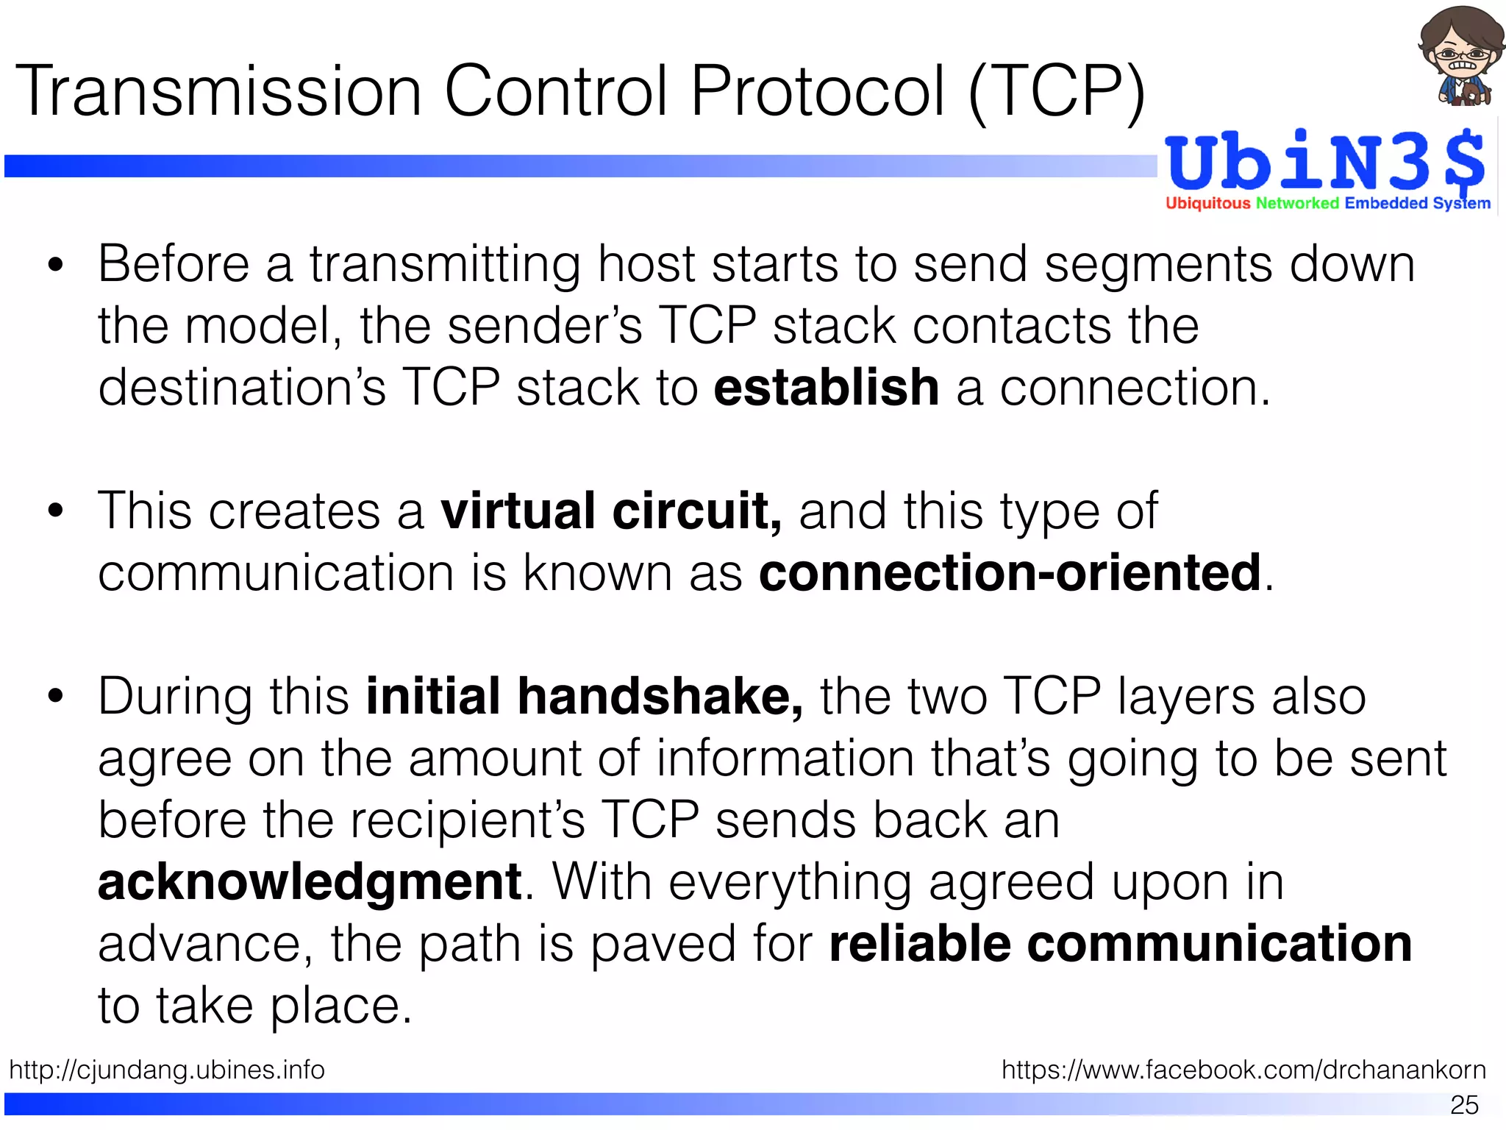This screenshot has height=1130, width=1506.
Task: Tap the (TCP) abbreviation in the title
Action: tap(1057, 93)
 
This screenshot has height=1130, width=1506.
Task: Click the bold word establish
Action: tap(826, 388)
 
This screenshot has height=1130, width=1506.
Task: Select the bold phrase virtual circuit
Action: tap(611, 511)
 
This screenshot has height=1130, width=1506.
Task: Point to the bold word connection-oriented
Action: tap(1010, 572)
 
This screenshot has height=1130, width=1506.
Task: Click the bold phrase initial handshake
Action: tap(585, 696)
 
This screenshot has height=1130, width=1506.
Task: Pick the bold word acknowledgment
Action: tap(310, 881)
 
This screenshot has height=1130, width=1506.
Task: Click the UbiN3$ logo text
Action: tap(1324, 162)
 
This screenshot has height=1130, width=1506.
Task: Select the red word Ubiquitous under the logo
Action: tap(1207, 203)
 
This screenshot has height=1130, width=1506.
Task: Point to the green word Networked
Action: tap(1297, 203)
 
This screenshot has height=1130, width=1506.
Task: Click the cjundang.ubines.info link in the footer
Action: tap(167, 1069)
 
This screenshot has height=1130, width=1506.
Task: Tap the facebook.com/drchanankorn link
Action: tap(1243, 1069)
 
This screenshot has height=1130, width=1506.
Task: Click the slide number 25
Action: tap(1464, 1104)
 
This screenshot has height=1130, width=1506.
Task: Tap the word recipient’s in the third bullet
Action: tap(467, 820)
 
